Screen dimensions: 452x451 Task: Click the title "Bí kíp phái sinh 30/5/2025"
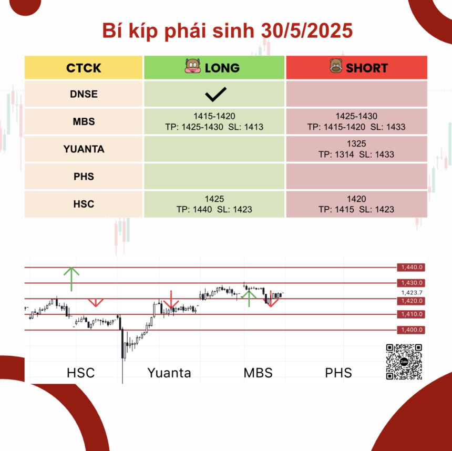pyautogui.click(x=228, y=30)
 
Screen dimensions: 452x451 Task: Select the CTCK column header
pyautogui.click(x=84, y=68)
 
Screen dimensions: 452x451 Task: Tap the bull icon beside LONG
pyautogui.click(x=192, y=66)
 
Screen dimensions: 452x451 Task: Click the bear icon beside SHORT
pyautogui.click(x=336, y=66)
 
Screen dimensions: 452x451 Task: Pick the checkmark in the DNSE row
pyautogui.click(x=215, y=94)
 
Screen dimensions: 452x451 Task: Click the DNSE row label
pyautogui.click(x=84, y=94)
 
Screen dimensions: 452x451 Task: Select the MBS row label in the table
pyautogui.click(x=84, y=121)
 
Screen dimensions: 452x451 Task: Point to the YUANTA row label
pyautogui.click(x=84, y=149)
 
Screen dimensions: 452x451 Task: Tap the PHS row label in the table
pyautogui.click(x=84, y=177)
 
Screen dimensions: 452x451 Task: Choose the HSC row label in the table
pyautogui.click(x=84, y=204)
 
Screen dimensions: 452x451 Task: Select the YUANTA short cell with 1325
pyautogui.click(x=356, y=149)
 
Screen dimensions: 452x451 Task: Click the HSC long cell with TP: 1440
pyautogui.click(x=214, y=204)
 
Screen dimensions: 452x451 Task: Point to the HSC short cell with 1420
pyautogui.click(x=356, y=204)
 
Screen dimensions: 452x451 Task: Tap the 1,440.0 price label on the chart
pyautogui.click(x=411, y=268)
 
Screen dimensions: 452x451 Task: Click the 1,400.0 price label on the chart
pyautogui.click(x=411, y=330)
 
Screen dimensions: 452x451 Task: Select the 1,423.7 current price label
pyautogui.click(x=412, y=293)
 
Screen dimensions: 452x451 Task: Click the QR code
pyautogui.click(x=404, y=362)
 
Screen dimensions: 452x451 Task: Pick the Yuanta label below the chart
pyautogui.click(x=169, y=373)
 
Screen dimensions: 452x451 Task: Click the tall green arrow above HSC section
pyautogui.click(x=71, y=279)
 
